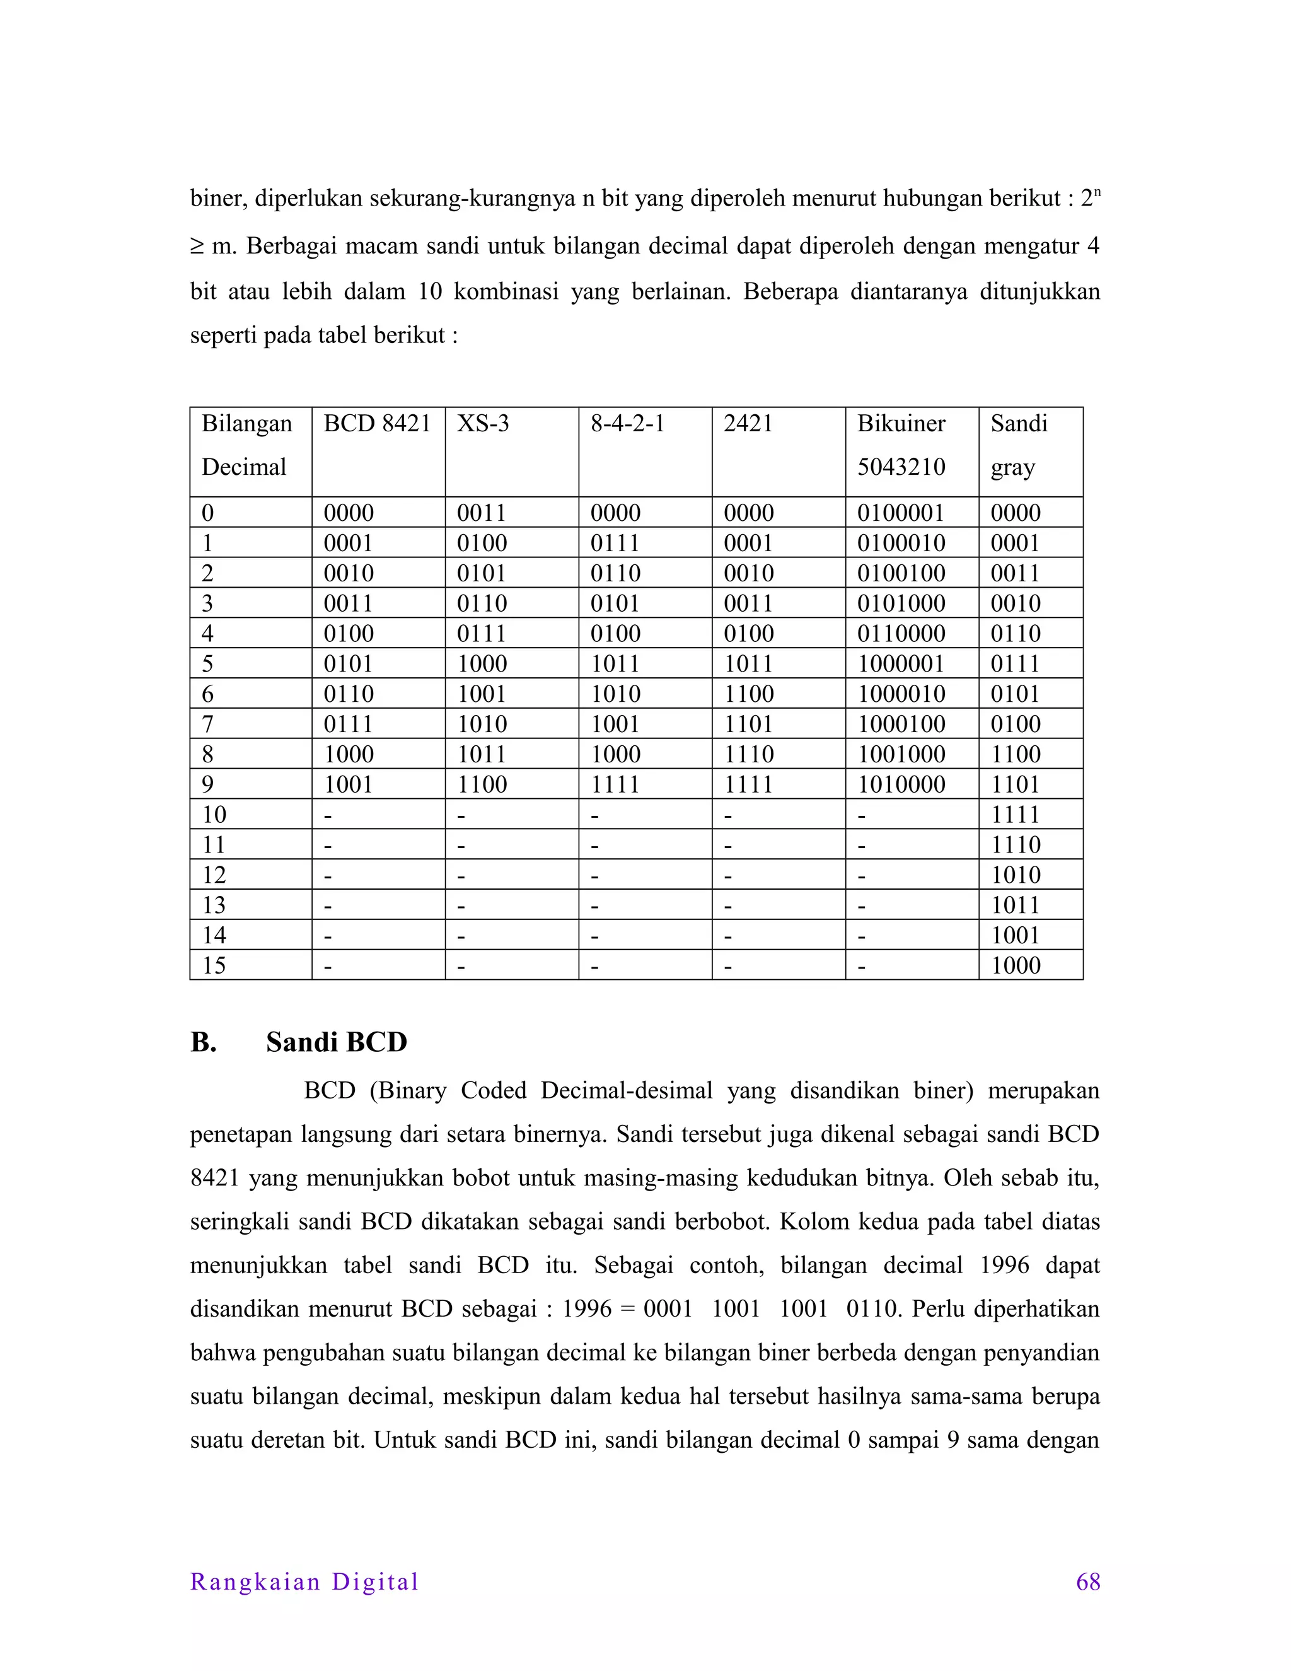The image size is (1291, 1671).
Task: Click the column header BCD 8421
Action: point(377,423)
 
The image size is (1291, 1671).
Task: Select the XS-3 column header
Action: point(483,423)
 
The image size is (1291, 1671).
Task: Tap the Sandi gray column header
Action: point(1018,445)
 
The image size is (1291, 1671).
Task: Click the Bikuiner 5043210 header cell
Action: point(901,445)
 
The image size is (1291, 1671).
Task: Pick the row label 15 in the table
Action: point(214,965)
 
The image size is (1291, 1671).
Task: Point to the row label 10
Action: point(214,815)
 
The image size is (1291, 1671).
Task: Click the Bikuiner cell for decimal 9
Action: point(901,784)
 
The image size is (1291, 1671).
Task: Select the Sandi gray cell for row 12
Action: point(1016,875)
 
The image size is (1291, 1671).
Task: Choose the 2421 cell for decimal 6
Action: point(749,694)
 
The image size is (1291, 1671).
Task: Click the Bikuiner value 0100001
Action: point(901,513)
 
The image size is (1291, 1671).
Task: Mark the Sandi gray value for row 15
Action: point(1016,965)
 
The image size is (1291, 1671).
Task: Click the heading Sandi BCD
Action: point(336,1042)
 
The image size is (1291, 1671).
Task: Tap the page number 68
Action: point(1087,1582)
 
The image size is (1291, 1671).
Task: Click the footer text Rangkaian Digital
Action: point(304,1582)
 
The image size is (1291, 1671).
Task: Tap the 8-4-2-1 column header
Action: point(627,423)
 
